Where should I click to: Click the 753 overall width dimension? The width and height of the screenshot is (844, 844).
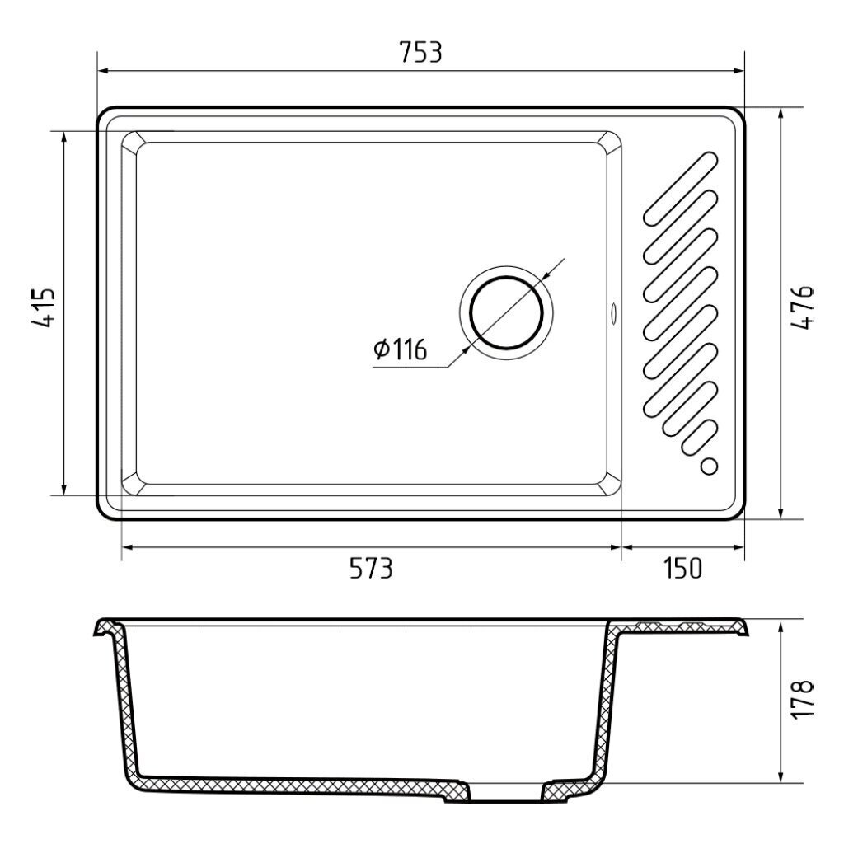click(x=421, y=53)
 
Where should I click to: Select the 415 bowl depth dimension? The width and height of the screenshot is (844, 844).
click(x=43, y=307)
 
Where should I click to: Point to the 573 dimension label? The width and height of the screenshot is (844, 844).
click(x=372, y=568)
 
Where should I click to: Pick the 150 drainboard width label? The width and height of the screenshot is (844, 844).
click(x=682, y=568)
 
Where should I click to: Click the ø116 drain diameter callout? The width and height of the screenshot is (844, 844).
click(x=400, y=349)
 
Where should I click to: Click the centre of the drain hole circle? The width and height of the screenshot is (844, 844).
click(x=506, y=312)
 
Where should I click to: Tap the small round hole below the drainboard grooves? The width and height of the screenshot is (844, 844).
click(x=710, y=467)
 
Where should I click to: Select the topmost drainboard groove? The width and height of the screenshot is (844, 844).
click(x=681, y=189)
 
